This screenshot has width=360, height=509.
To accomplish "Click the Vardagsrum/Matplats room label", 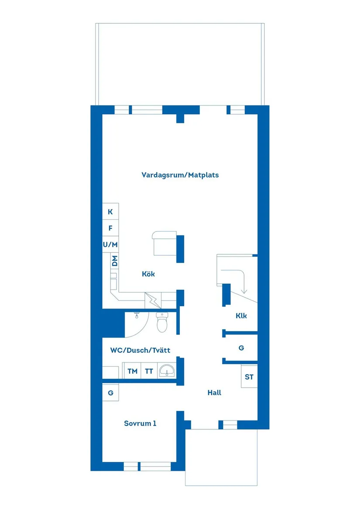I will (180, 175).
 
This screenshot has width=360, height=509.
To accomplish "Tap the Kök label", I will (148, 274).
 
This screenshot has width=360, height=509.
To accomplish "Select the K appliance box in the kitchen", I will (110, 212).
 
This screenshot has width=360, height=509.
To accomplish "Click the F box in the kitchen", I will (110, 228).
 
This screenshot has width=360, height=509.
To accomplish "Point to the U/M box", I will (110, 245).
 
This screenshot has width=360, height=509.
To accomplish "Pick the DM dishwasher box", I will (115, 262).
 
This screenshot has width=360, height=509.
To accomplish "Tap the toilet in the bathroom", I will (162, 323).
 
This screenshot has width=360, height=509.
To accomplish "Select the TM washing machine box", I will (132, 371).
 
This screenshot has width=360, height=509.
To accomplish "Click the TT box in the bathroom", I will (149, 371).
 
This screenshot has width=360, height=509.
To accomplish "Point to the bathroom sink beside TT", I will (167, 371).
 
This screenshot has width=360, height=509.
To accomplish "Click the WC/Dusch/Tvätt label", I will (140, 350).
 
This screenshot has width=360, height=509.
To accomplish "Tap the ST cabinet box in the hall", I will (249, 377).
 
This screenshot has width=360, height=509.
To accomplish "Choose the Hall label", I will (214, 393).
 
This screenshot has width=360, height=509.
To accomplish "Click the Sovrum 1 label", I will (140, 423).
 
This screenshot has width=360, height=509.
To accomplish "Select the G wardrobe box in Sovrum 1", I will (111, 393).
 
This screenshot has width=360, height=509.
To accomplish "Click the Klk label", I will (241, 316).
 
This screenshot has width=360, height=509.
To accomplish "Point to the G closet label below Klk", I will (241, 348).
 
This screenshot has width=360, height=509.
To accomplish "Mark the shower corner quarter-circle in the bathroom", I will (135, 325).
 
